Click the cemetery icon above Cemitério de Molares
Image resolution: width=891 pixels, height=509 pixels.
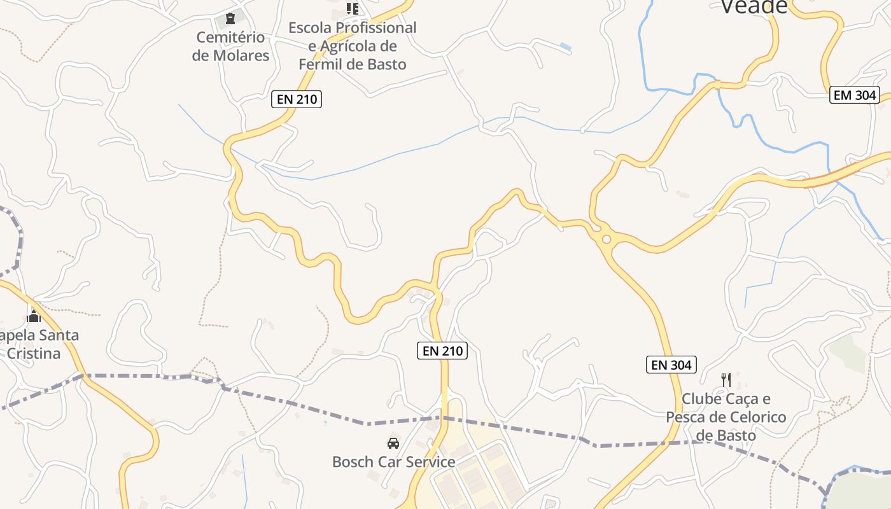[x=230, y=18]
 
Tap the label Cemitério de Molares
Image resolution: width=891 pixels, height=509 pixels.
[x=230, y=46]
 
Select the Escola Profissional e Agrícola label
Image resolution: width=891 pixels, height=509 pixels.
[x=352, y=46]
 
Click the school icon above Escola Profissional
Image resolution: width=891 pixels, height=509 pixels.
[x=352, y=8]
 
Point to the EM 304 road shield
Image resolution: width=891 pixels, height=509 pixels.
[x=855, y=95]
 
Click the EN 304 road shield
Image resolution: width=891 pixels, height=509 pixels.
[x=671, y=365]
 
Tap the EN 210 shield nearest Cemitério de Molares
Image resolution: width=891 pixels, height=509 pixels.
[x=297, y=99]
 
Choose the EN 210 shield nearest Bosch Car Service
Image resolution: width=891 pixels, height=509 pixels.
[x=442, y=351]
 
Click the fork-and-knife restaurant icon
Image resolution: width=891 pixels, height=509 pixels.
[x=726, y=380]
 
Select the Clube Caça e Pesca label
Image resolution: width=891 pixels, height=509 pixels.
[x=726, y=417]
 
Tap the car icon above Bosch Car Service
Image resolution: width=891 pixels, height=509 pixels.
[x=393, y=443]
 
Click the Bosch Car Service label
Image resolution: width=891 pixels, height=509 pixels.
[x=393, y=462]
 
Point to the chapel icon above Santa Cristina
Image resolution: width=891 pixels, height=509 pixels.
[x=34, y=316]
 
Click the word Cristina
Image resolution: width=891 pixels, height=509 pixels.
[x=33, y=353]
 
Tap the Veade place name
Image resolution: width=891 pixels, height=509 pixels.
[x=754, y=6]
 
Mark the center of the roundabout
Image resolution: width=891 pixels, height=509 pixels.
[x=606, y=239]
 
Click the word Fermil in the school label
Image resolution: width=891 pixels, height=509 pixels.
[x=321, y=64]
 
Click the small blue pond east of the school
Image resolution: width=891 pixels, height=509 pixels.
[x=565, y=46]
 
